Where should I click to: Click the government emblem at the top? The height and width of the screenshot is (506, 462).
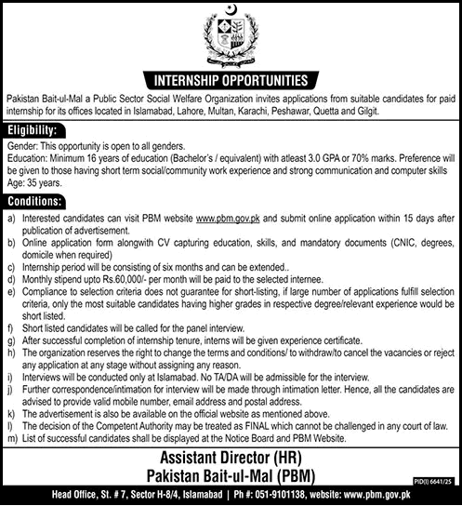pyautogui.click(x=231, y=33)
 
